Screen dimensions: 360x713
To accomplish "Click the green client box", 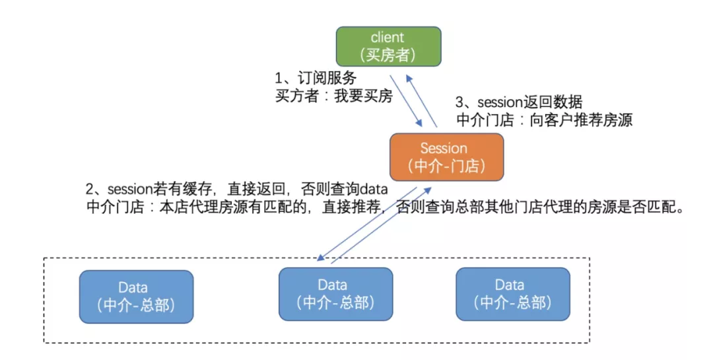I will coord(388,46).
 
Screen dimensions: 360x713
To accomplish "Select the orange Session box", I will coord(446,157).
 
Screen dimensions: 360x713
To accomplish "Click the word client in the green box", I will coord(388,38).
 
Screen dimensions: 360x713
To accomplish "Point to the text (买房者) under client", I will coord(388,55).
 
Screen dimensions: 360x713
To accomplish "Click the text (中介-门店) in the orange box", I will coord(446,166).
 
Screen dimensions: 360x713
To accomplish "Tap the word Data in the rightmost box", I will coord(510,285).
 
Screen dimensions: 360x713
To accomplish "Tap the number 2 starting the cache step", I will coord(90,189).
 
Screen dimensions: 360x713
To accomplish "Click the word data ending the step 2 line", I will coord(374,189).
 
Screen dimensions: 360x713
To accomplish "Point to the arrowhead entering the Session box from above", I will coord(420,126).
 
